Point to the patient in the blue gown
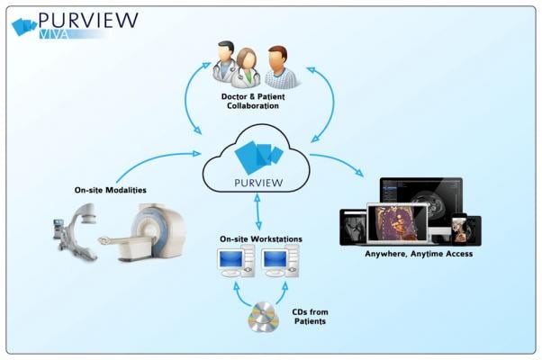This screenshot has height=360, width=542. coord(281,67)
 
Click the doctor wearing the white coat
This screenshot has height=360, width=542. coord(222,63)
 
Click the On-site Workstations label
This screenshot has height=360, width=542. coord(260,238)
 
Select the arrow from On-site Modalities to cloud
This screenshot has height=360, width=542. coord(153,163)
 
